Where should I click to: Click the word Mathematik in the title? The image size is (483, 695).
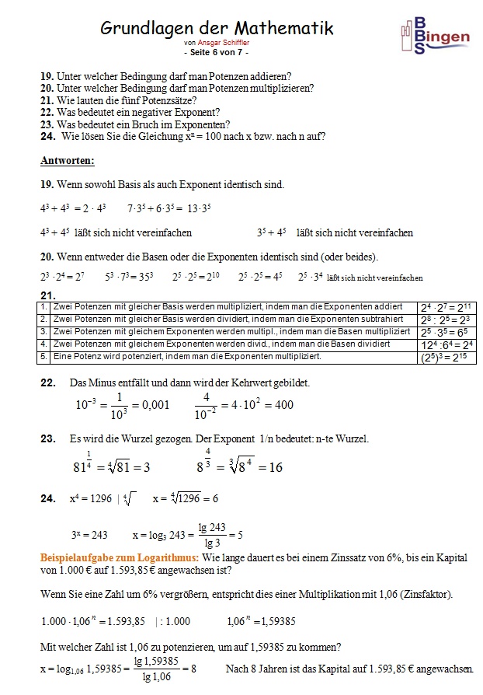[x=279, y=29]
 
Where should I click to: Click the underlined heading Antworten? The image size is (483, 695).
[x=67, y=161]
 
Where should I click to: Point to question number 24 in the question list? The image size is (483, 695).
[x=47, y=136]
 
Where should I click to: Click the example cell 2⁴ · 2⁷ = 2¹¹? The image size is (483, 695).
[x=445, y=307]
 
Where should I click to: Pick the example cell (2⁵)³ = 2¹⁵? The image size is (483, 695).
[x=445, y=358]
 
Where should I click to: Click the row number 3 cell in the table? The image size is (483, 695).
[x=44, y=331]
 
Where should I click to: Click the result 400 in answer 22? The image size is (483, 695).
[x=284, y=405]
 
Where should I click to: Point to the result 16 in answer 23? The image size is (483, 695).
[x=275, y=467]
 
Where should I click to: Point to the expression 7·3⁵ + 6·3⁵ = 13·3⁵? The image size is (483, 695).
[x=169, y=208]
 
